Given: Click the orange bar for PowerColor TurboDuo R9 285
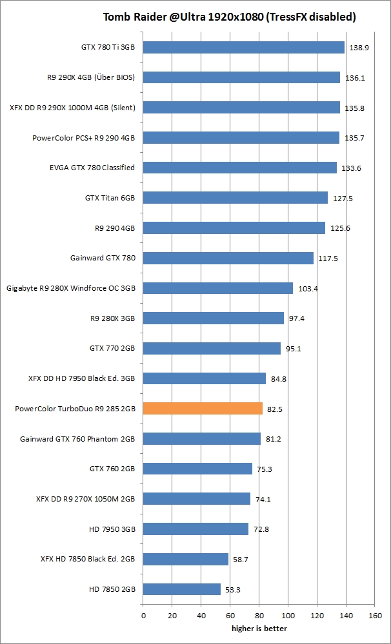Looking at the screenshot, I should click(x=203, y=408).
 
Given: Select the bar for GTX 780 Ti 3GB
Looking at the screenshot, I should click(x=243, y=47).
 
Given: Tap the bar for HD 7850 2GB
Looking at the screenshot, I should click(x=181, y=589).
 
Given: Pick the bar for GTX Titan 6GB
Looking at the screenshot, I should click(x=235, y=198).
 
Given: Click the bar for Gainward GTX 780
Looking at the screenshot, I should click(x=228, y=258).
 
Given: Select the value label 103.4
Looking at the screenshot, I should click(x=308, y=289).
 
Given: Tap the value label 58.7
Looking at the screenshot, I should click(x=241, y=560).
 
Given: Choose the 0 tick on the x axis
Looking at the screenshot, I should click(x=143, y=616).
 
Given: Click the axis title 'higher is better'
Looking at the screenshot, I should click(x=259, y=628).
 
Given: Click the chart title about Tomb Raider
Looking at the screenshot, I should click(x=230, y=17).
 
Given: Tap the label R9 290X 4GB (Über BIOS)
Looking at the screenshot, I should click(x=91, y=77).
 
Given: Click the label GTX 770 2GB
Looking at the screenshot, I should click(x=112, y=348).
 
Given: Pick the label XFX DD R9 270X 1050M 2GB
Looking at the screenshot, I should click(x=86, y=498).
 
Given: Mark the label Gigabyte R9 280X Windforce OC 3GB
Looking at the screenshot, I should click(x=71, y=288).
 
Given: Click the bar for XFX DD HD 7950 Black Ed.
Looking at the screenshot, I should click(x=204, y=378).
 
